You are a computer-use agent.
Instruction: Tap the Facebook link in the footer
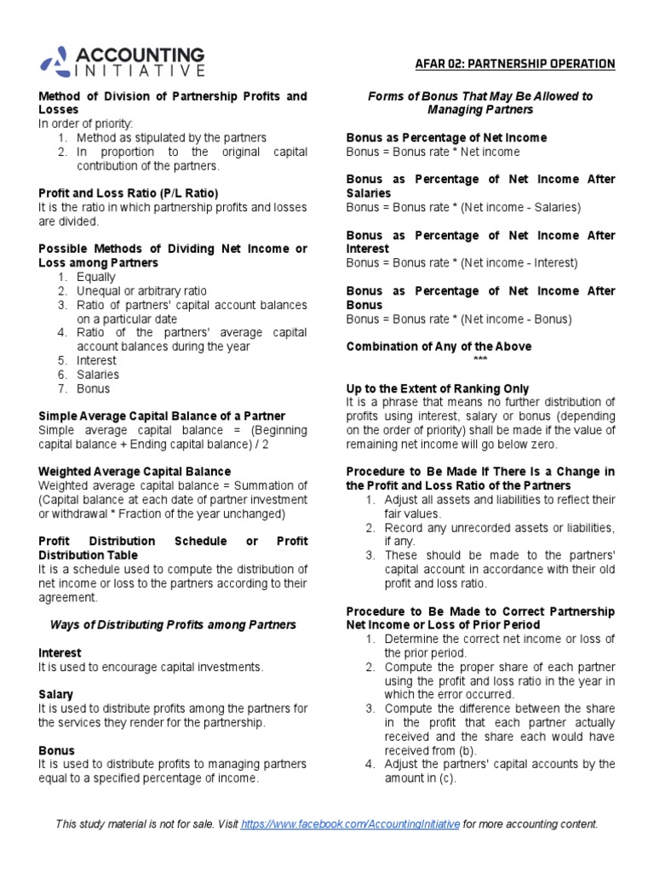pyautogui.click(x=351, y=824)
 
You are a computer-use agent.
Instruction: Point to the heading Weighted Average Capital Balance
pyautogui.click(x=135, y=471)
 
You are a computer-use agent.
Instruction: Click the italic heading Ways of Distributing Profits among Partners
pyautogui.click(x=173, y=624)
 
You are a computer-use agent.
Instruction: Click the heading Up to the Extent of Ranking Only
pyautogui.click(x=438, y=388)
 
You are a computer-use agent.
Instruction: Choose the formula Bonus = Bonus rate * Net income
pyautogui.click(x=433, y=152)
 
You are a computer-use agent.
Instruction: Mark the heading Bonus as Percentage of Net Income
pyautogui.click(x=446, y=137)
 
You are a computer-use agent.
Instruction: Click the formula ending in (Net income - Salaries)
pyautogui.click(x=463, y=207)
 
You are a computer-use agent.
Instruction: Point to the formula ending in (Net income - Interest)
pyautogui.click(x=462, y=263)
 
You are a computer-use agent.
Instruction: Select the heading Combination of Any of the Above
pyautogui.click(x=439, y=347)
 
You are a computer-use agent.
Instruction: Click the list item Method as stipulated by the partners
pyautogui.click(x=171, y=137)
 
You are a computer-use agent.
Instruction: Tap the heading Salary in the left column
pyautogui.click(x=56, y=695)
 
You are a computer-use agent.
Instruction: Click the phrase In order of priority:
pyautogui.click(x=85, y=123)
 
